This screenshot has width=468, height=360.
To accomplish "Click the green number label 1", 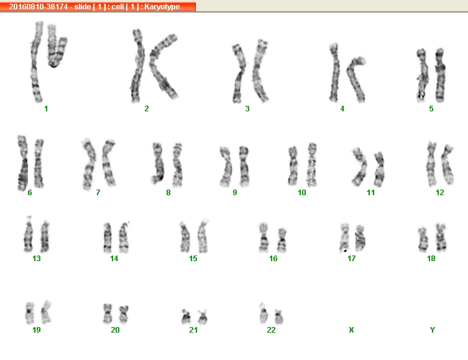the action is (x=46, y=109).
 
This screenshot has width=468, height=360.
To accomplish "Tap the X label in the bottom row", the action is (x=351, y=330).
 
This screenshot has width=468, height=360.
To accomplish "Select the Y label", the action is (x=432, y=330).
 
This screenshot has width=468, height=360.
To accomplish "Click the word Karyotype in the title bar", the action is (x=162, y=7).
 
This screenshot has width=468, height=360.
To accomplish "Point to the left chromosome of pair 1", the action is (x=35, y=61).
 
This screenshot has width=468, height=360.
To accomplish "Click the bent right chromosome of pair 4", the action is (x=355, y=78).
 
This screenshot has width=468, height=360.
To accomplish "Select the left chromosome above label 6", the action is (x=22, y=163).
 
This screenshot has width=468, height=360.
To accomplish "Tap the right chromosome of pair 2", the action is (x=163, y=67).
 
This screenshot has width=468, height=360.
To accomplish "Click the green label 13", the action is (x=37, y=259).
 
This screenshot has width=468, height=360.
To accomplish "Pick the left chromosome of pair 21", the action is (x=186, y=317).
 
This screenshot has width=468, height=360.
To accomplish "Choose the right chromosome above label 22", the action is (x=279, y=317).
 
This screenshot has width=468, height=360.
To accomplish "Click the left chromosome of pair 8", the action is (x=158, y=163).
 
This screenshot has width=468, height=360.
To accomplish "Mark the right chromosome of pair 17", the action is (x=360, y=238).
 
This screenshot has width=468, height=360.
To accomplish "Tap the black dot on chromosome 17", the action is (x=346, y=251).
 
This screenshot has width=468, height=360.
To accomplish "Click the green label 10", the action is (x=302, y=193).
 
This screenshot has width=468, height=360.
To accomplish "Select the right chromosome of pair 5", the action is (x=440, y=75).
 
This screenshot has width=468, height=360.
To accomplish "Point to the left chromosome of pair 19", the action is (x=29, y=313).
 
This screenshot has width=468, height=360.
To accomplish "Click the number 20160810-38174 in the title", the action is (x=38, y=7).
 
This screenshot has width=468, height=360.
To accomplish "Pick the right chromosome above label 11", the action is (x=379, y=169).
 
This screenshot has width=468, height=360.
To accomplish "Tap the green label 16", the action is (x=273, y=259).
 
